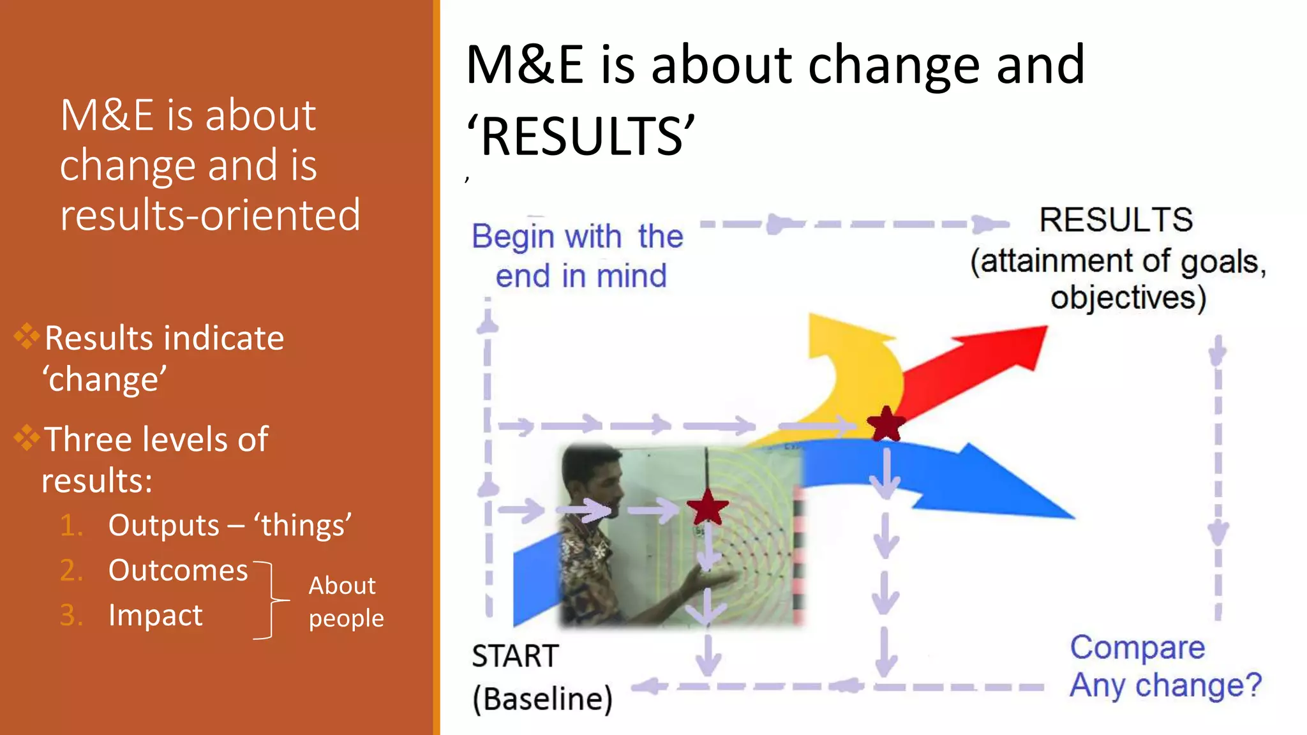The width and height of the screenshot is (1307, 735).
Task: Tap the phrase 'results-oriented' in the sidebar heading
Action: pos(210,215)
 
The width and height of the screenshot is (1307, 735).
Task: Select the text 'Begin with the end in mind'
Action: pos(578,256)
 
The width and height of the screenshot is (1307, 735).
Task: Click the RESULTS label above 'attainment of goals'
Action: pos(1116,220)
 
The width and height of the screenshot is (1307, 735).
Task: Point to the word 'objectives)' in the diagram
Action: pos(1128,298)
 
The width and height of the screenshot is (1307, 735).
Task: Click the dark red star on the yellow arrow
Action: pos(886,424)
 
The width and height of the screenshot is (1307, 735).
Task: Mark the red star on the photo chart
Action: pos(707,508)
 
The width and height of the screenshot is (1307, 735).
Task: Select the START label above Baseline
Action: pos(515,656)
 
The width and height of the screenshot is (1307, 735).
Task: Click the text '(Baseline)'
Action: pos(542,699)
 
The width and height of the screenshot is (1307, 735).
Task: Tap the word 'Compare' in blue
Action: pos(1137,648)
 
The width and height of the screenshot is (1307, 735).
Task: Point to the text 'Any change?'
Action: pos(1165,686)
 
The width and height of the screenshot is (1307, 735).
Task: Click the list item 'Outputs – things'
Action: pos(229,526)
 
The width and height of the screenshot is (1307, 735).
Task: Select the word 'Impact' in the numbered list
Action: pos(155,615)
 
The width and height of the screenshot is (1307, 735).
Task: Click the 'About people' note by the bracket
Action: pos(345,602)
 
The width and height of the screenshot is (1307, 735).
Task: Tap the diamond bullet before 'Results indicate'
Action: pos(27,336)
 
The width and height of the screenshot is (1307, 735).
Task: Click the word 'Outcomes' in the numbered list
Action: pos(178,570)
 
